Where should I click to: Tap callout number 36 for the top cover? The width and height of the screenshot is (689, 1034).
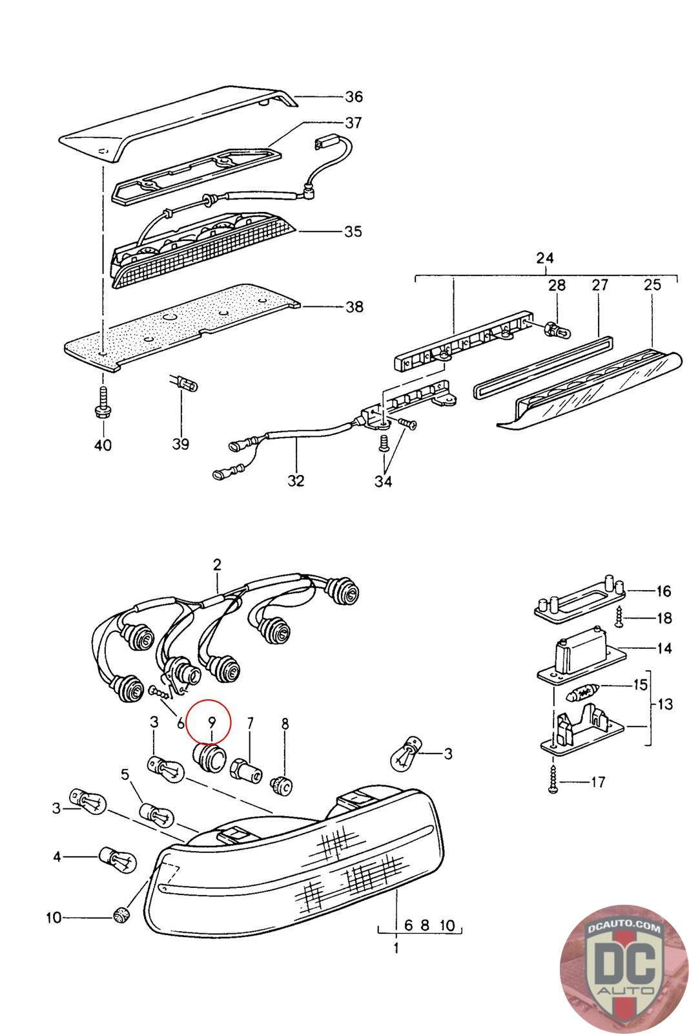[x=353, y=97]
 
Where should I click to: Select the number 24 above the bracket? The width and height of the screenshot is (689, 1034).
[x=545, y=258]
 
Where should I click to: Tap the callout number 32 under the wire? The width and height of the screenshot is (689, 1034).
[x=296, y=481]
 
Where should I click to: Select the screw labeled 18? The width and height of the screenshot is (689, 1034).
[x=619, y=617]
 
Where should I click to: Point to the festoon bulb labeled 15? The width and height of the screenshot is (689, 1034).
[x=584, y=695]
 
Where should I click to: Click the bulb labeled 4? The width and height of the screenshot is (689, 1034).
[x=117, y=859]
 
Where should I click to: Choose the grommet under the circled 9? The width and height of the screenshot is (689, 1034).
[x=210, y=757]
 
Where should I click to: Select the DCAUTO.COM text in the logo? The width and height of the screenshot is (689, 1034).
[x=624, y=929]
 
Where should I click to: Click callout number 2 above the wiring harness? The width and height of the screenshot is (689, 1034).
[x=217, y=565]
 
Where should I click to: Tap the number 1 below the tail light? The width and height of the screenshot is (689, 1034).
[x=396, y=949]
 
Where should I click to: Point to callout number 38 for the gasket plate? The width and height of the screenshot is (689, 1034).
[x=354, y=306]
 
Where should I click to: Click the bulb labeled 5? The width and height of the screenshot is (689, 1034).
[x=155, y=813]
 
